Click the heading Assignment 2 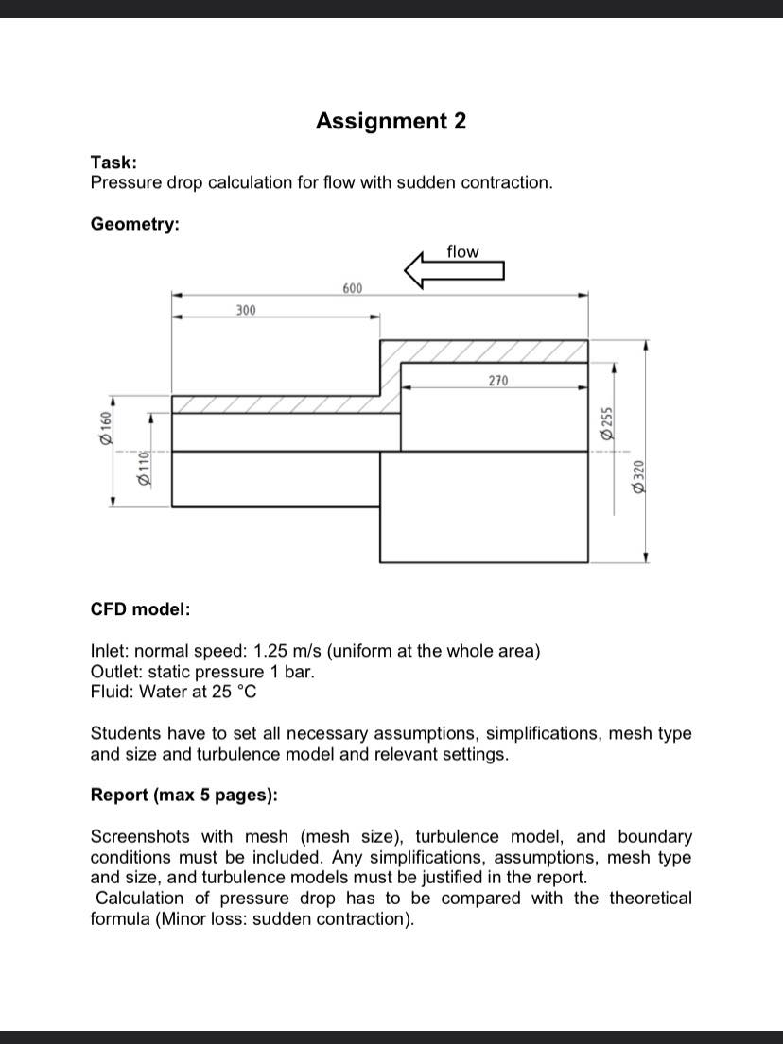(391, 121)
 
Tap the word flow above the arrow (462, 251)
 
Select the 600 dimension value (352, 287)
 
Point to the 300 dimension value (246, 310)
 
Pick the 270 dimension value (498, 381)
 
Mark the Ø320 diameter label (639, 475)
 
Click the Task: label (113, 163)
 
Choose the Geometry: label (135, 224)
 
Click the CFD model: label (140, 609)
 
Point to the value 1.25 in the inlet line (273, 651)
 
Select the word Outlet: (117, 672)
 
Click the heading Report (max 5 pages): (183, 795)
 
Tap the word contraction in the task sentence (505, 182)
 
